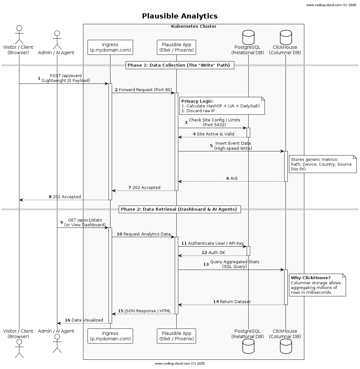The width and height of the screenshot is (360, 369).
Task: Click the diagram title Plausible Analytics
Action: [180, 16]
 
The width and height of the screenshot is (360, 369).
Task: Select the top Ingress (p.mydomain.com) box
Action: [110, 47]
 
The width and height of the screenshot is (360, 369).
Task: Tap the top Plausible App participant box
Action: [176, 47]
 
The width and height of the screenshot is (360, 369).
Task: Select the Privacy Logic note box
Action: [222, 106]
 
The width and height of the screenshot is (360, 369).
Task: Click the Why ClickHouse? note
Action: [317, 285]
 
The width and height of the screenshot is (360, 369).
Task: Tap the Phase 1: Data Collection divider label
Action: [180, 65]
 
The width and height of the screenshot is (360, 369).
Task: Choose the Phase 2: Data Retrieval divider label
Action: [180, 209]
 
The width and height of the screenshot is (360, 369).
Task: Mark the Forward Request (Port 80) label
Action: [145, 90]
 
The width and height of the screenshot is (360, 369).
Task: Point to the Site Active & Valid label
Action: [215, 134]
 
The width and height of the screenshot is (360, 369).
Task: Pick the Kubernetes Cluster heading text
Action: [194, 26]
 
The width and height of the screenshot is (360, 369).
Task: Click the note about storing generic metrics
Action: [322, 164]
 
